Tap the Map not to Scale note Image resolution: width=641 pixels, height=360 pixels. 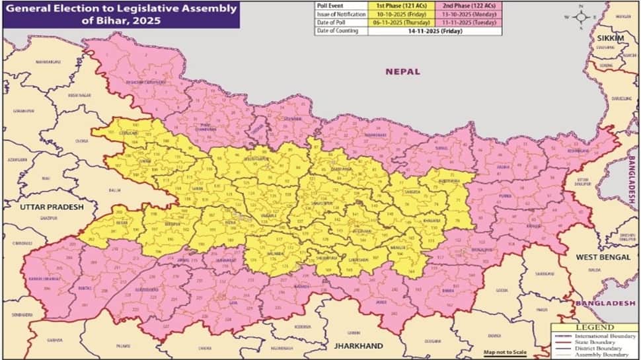pos(505,352)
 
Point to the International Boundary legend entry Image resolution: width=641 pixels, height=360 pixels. pos(605,336)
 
